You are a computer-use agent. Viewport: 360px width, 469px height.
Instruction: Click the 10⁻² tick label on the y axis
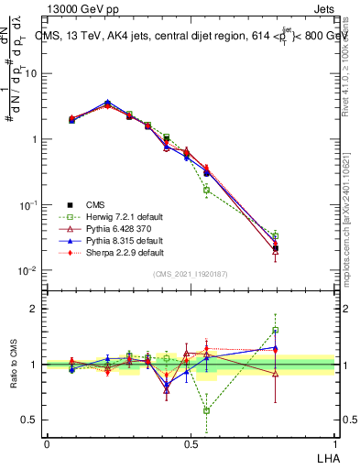pyautogui.click(x=31, y=271)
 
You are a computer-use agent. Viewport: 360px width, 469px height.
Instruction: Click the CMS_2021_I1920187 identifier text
pyautogui.click(x=191, y=275)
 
